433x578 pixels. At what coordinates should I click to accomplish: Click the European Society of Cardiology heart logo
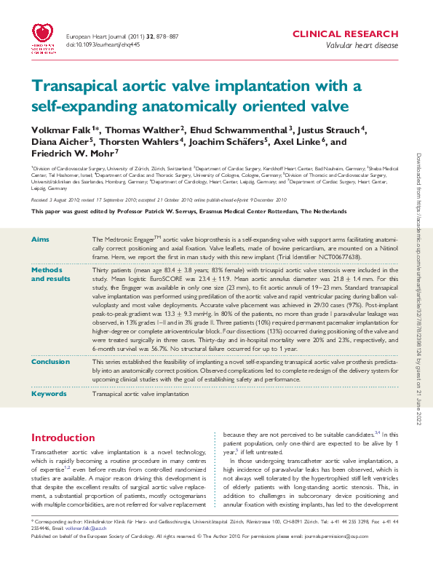(x=45, y=39)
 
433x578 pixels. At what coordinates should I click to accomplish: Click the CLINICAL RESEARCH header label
(x=344, y=34)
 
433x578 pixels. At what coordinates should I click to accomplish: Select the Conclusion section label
(x=50, y=361)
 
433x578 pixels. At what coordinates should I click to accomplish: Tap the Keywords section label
(x=49, y=394)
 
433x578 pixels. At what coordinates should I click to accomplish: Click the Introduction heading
(x=63, y=438)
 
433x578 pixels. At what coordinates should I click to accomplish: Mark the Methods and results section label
(x=50, y=274)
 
